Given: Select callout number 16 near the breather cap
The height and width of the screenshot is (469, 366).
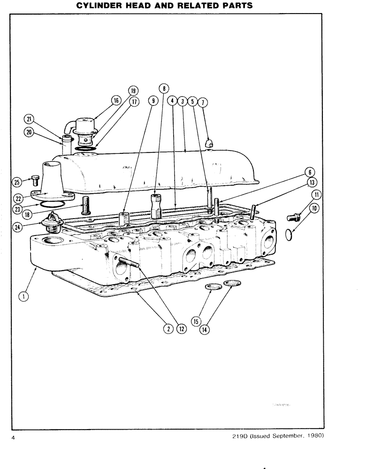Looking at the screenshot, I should coord(116,100).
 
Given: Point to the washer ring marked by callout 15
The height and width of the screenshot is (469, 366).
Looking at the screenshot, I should coord(212,287).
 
